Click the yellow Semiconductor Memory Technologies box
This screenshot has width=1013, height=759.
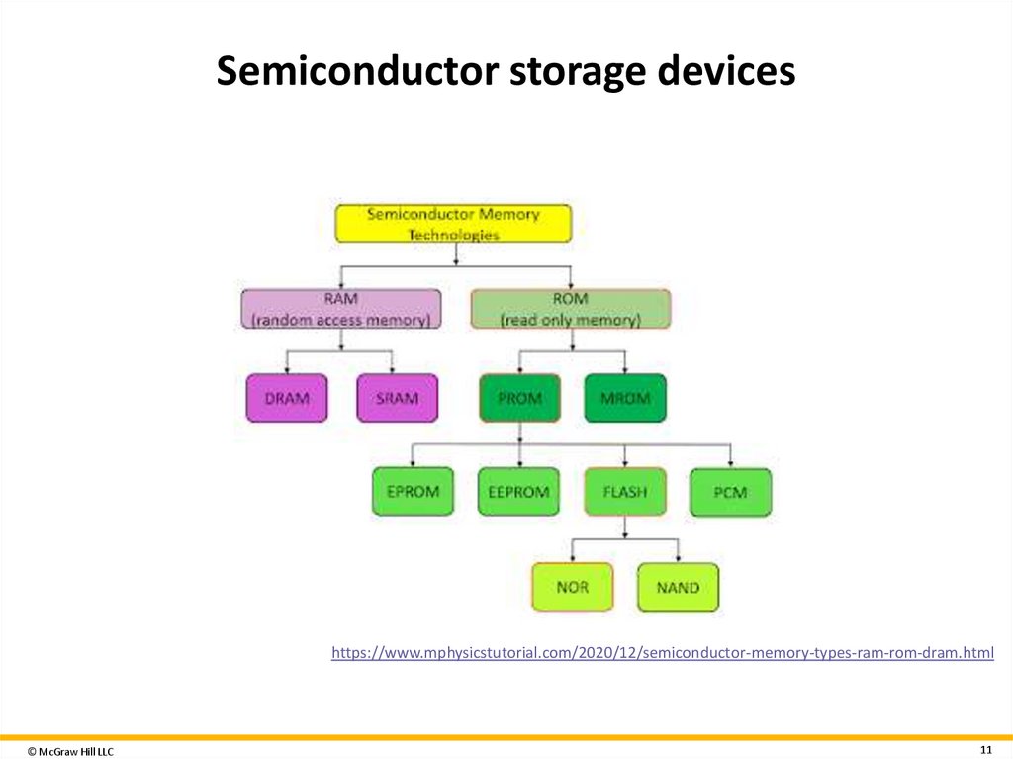[453, 224]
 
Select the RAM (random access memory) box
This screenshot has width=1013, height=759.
[341, 309]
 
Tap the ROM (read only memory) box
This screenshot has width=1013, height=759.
[570, 309]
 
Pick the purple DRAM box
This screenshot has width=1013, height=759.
[286, 398]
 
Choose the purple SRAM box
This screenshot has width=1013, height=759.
[397, 398]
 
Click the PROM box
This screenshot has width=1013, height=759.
[519, 398]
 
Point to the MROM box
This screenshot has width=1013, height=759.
[625, 398]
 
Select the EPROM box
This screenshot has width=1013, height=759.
[413, 492]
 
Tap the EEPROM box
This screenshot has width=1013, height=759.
[518, 492]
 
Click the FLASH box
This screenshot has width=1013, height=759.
[624, 492]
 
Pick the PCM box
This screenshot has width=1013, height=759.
[730, 492]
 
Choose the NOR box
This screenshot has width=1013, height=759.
[572, 587]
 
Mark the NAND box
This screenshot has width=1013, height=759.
[678, 587]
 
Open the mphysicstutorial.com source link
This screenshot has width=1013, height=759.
[662, 652]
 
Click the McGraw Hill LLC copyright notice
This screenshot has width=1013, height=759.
[70, 752]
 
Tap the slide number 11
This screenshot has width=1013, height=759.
[985, 747]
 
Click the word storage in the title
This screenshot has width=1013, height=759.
[559, 72]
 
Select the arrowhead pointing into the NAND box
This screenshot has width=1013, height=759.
[678, 559]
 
